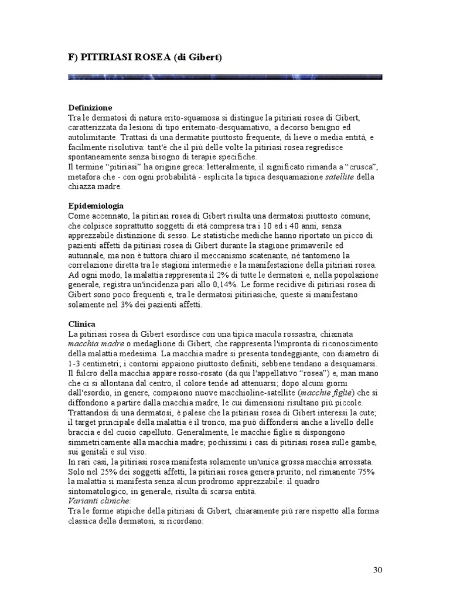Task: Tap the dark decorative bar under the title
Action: pos(225,77)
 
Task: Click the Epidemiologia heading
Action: pos(96,206)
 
